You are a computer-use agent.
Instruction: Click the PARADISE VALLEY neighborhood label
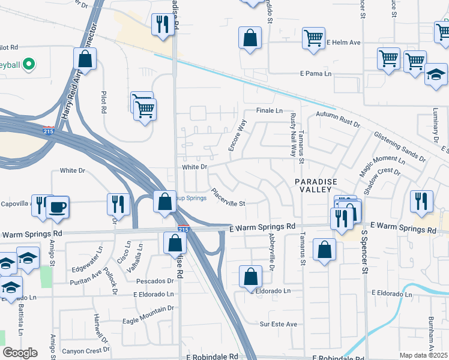316,185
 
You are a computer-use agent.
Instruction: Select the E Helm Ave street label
343,43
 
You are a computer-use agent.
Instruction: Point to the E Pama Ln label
316,74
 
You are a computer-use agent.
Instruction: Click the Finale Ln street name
270,111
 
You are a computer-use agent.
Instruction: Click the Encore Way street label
235,136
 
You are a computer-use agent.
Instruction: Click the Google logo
20,353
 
